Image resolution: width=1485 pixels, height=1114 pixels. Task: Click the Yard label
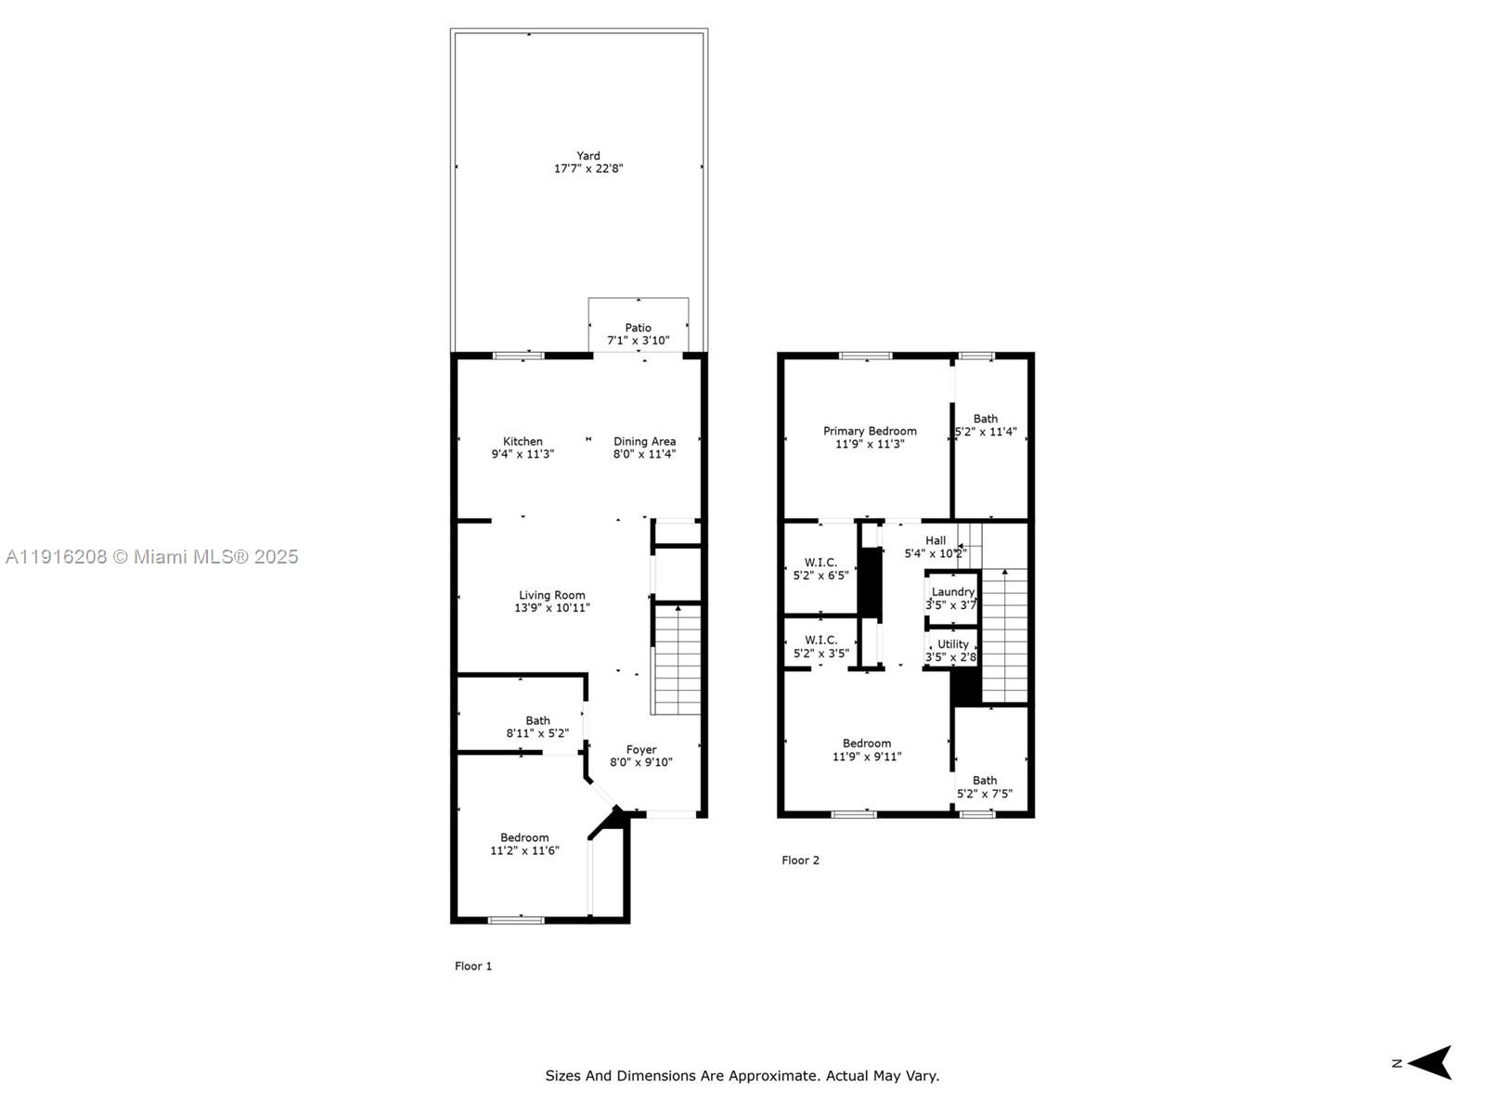point(588,156)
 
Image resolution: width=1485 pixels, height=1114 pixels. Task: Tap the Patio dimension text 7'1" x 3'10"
point(638,341)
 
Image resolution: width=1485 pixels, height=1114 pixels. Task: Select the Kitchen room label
point(523,442)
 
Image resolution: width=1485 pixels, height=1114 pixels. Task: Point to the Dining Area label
point(644,442)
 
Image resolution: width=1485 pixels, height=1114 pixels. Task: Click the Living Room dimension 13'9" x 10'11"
point(552,608)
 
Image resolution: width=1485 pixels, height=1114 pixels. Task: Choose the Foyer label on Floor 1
point(641,750)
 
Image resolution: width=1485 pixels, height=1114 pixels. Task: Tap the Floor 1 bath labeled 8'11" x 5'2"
point(537,727)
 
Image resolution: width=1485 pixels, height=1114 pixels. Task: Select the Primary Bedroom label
point(870,431)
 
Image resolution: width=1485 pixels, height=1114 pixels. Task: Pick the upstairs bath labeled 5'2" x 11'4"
point(986,425)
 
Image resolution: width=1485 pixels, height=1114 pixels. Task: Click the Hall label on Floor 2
point(936,540)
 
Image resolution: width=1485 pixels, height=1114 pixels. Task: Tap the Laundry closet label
point(953,592)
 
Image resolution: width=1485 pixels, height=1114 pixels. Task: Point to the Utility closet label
point(953,644)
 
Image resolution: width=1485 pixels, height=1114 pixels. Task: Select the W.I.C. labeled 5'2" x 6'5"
point(820,569)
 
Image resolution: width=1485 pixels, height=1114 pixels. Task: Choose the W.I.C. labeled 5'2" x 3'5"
point(820,647)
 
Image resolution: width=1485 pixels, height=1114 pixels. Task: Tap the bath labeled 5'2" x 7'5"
point(985,787)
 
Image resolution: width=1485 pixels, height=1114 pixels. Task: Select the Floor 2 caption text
point(800,861)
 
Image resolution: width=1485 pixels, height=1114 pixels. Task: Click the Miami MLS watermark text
point(151,557)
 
